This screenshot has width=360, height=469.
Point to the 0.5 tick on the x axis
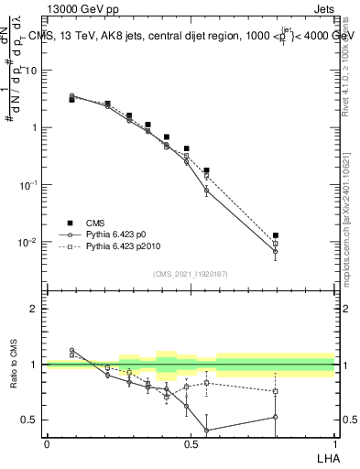[x=191, y=443]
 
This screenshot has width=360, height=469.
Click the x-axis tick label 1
[x=335, y=443]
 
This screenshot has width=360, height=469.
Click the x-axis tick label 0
[x=47, y=443]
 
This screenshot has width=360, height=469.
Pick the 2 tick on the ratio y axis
[x=35, y=309]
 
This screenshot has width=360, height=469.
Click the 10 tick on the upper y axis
[x=33, y=70]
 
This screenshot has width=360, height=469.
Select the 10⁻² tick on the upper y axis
[x=29, y=243]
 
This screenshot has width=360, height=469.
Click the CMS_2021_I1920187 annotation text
[x=191, y=274]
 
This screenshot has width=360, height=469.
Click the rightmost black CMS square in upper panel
[x=276, y=235]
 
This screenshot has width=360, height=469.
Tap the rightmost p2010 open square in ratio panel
[x=276, y=391]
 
